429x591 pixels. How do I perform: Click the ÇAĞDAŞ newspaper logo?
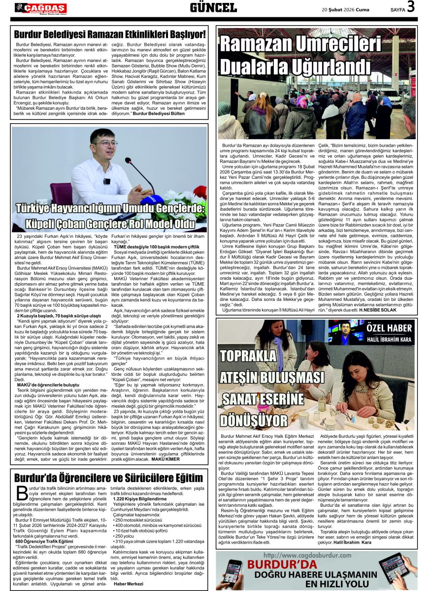coord(40,8)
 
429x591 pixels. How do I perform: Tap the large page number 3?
coord(410,7)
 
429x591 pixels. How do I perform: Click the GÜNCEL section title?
coord(213,8)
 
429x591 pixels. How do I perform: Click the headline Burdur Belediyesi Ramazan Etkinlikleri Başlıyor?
coord(110,34)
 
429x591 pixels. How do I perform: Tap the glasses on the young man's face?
coord(106,144)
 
